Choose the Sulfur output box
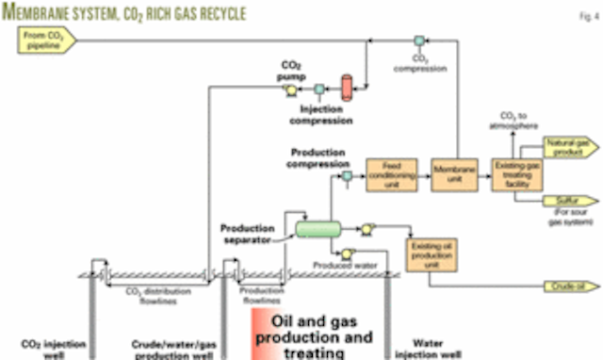(x=566, y=200)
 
